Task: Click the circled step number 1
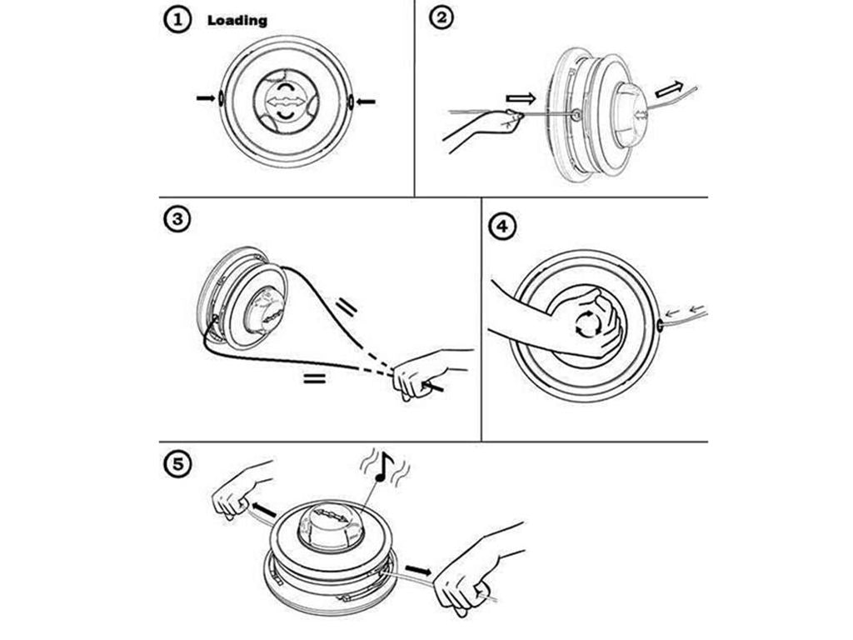coord(177,21)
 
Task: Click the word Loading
coord(237,20)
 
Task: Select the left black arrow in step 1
coord(205,98)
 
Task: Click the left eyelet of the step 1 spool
coord(221,98)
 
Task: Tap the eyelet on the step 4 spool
coord(661,324)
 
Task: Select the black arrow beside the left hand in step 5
coord(264,509)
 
